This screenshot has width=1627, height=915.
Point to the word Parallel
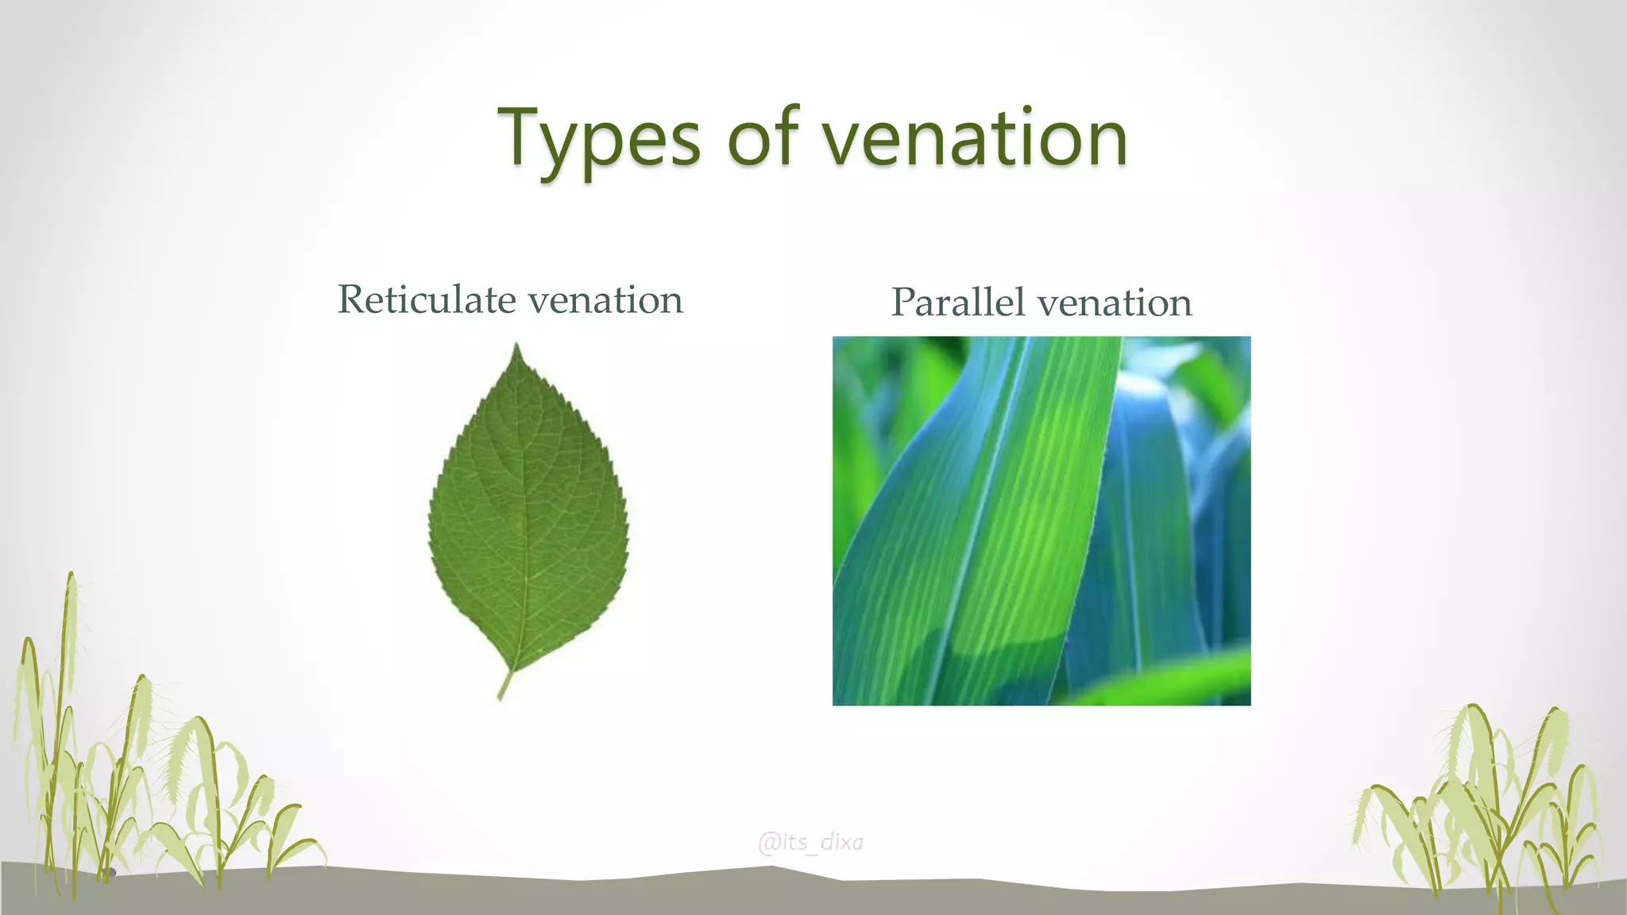coord(957,303)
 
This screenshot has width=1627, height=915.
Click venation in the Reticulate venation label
coord(605,300)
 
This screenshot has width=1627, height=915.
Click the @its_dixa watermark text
coord(811,842)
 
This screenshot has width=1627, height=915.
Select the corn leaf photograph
coord(1041,520)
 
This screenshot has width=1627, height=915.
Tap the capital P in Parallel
coord(903,303)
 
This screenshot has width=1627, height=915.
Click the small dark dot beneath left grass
coord(111,873)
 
